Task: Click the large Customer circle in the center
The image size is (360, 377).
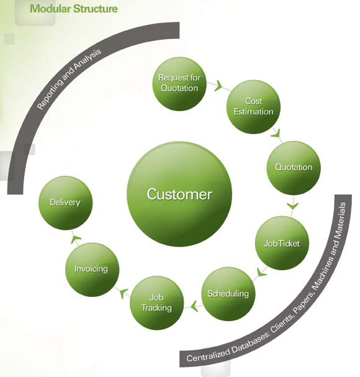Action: pos(179,194)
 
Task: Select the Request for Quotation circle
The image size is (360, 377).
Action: pos(179,84)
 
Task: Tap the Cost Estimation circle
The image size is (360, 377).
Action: pos(253,107)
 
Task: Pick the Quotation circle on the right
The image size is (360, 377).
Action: pos(294,168)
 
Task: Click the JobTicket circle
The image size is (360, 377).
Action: pos(282,243)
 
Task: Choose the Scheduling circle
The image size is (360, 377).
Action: pos(228,294)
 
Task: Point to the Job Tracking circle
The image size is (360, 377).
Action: pos(156,302)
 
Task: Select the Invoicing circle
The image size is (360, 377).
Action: pos(92,270)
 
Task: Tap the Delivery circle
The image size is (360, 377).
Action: pos(65,203)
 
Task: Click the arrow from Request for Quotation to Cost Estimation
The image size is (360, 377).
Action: pos(218,86)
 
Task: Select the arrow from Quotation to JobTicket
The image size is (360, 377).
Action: pos(292,206)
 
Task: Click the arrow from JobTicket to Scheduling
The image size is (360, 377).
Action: pos(261,271)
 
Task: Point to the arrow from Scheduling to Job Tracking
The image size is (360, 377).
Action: pos(194,306)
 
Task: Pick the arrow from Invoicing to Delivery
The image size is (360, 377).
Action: pos(75,238)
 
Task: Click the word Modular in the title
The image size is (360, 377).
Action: pos(50,9)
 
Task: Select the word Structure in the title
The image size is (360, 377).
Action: pos(96,9)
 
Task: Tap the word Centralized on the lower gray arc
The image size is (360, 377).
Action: pos(208,354)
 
